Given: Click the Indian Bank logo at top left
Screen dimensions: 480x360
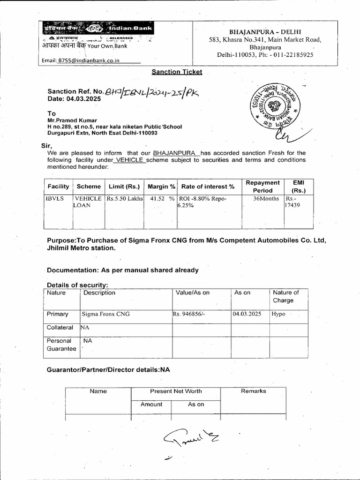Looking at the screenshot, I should click(x=97, y=29).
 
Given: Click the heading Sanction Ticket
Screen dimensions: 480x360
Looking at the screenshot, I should click(x=177, y=72).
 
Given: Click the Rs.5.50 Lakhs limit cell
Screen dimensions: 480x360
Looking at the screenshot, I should click(x=124, y=199).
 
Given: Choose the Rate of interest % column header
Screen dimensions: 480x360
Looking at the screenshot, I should click(x=208, y=187).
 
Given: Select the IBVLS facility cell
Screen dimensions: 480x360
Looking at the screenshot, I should click(x=54, y=199).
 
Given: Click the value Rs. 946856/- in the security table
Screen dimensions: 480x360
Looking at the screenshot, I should click(x=188, y=314).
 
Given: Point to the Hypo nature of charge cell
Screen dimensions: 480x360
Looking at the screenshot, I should click(x=278, y=314).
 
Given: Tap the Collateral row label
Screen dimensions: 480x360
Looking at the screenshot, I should click(x=60, y=328).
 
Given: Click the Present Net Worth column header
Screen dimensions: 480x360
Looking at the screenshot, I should click(x=176, y=391).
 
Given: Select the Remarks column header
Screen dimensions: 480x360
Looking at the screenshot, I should click(x=253, y=391).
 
